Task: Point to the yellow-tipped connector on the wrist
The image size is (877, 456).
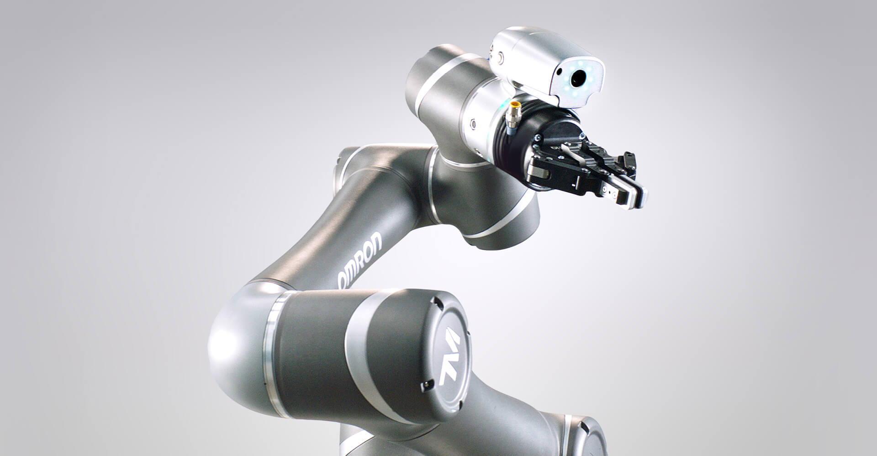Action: pyautogui.click(x=512, y=111)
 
